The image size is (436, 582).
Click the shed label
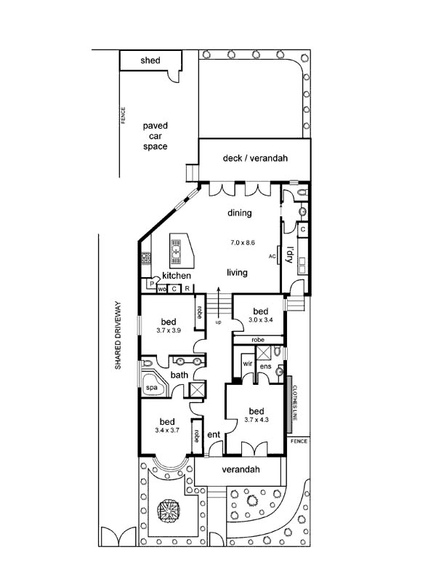coord(150,60)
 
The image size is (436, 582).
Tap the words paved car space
coord(156,136)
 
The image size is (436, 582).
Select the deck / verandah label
coord(255,158)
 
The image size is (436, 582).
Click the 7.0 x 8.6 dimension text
coord(243,243)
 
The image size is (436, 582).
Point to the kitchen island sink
coord(176,251)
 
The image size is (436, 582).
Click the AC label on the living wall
coord(272,257)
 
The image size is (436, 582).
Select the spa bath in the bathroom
coord(153,385)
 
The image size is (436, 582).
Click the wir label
coord(247,364)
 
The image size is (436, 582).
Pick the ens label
coord(265,367)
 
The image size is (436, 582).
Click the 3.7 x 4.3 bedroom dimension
coord(257,420)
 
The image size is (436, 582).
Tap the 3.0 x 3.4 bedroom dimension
coord(261,319)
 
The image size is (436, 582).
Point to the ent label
coord(214,434)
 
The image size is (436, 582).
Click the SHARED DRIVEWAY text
coord(118,335)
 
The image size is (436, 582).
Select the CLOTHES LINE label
coord(295,403)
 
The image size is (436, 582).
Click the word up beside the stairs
coord(219,322)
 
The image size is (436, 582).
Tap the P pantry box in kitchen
coord(153,283)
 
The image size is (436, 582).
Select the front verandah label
coord(241,469)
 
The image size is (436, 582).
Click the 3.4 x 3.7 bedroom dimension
coord(167,430)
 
